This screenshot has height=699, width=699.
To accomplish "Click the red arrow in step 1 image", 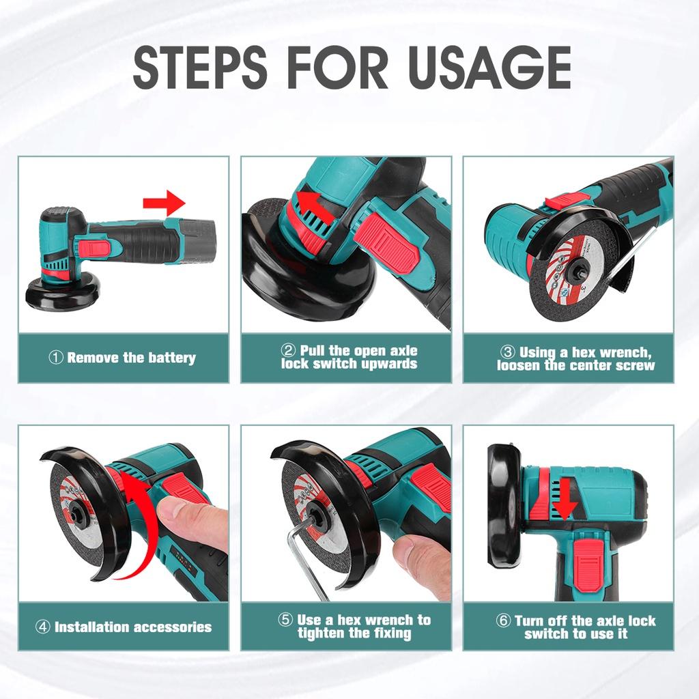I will (164, 203).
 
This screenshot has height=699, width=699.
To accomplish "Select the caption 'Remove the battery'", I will (123, 358).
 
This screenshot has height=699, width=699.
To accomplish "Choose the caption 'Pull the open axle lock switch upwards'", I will (348, 357).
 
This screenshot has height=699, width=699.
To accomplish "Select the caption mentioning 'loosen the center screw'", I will (575, 358).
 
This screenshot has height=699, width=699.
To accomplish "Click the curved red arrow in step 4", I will (140, 532).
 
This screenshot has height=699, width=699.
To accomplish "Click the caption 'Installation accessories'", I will (124, 627).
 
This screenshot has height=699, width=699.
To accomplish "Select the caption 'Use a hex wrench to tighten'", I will (355, 627).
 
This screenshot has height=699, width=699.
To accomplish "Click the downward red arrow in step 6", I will (565, 499).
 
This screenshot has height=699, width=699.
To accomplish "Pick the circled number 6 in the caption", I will (504, 620).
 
